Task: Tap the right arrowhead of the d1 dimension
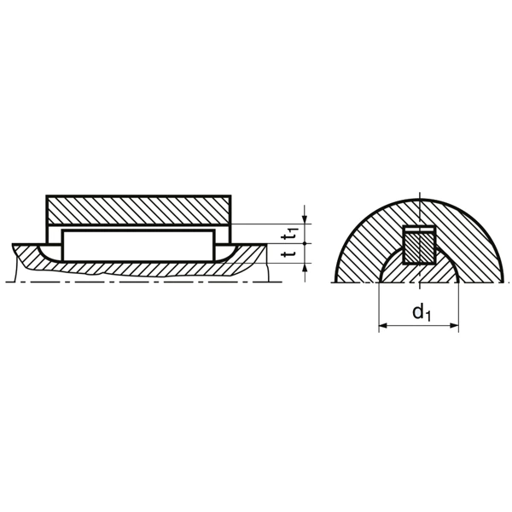point(454,326)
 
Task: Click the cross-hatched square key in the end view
point(418,248)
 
